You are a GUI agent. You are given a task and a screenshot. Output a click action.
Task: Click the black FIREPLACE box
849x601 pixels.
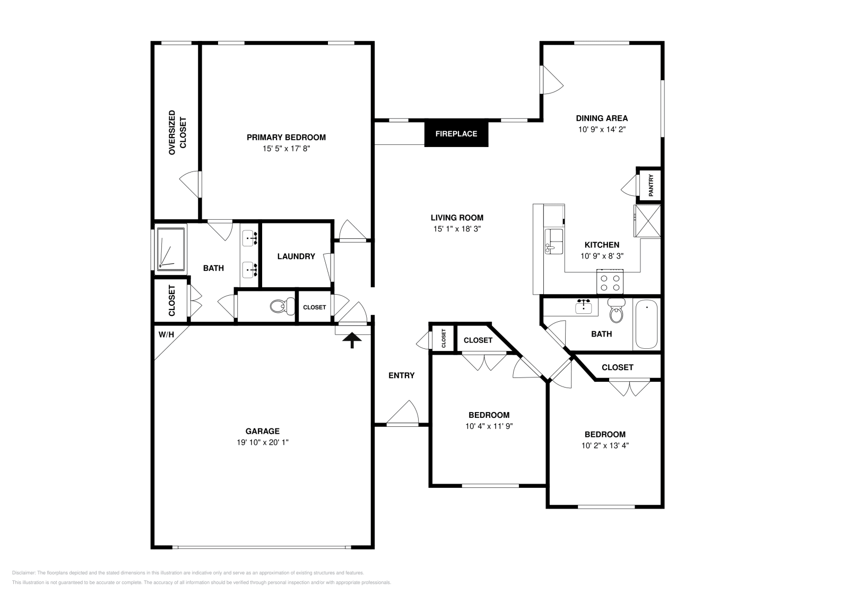(x=456, y=134)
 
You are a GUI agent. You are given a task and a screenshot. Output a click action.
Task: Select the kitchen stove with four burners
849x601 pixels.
(x=609, y=281)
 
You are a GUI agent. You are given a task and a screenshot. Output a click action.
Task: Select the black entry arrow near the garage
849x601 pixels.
(x=351, y=340)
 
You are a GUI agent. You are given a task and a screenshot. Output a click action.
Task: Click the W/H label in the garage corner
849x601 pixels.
(x=166, y=334)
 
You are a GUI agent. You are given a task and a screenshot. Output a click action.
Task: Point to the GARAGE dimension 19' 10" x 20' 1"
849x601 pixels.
(x=263, y=442)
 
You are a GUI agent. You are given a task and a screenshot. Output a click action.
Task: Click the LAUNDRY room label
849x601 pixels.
(x=296, y=256)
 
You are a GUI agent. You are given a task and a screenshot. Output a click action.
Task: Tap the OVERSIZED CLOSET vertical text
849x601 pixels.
(x=177, y=133)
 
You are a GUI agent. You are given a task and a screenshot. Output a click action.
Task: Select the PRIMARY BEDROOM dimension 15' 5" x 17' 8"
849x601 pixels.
(x=286, y=149)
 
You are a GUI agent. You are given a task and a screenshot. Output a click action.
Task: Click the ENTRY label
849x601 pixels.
(x=401, y=375)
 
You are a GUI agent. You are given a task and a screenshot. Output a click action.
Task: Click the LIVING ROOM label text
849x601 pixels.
(x=457, y=218)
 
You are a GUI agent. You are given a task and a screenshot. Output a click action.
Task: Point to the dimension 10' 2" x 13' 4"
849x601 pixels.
(x=605, y=445)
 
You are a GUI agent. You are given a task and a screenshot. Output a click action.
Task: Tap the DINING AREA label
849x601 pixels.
(x=602, y=118)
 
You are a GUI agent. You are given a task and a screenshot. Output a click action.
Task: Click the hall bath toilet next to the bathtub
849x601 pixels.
(x=616, y=311)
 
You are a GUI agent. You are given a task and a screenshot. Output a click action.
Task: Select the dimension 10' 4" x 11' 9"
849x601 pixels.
(x=489, y=426)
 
